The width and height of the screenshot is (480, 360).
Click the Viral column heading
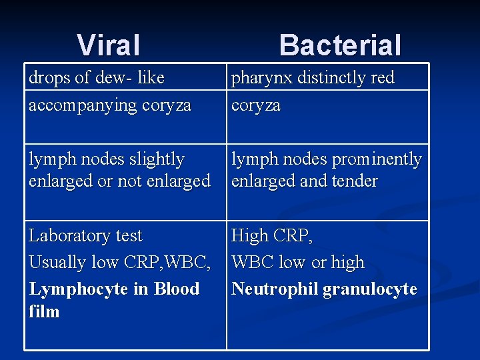[x=109, y=45]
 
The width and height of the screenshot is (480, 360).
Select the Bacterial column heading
[x=340, y=45]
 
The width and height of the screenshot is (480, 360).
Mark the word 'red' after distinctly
[x=382, y=78]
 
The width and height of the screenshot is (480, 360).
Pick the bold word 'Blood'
[x=176, y=289]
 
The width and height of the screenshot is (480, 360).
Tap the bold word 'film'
[x=44, y=311]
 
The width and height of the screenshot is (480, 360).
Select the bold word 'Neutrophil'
[x=274, y=289]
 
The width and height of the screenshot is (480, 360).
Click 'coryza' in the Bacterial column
[x=256, y=106]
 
